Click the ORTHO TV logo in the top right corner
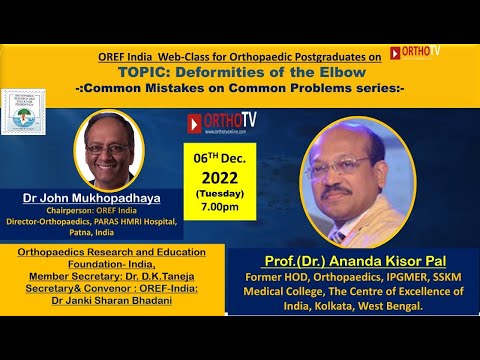(414, 51)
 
